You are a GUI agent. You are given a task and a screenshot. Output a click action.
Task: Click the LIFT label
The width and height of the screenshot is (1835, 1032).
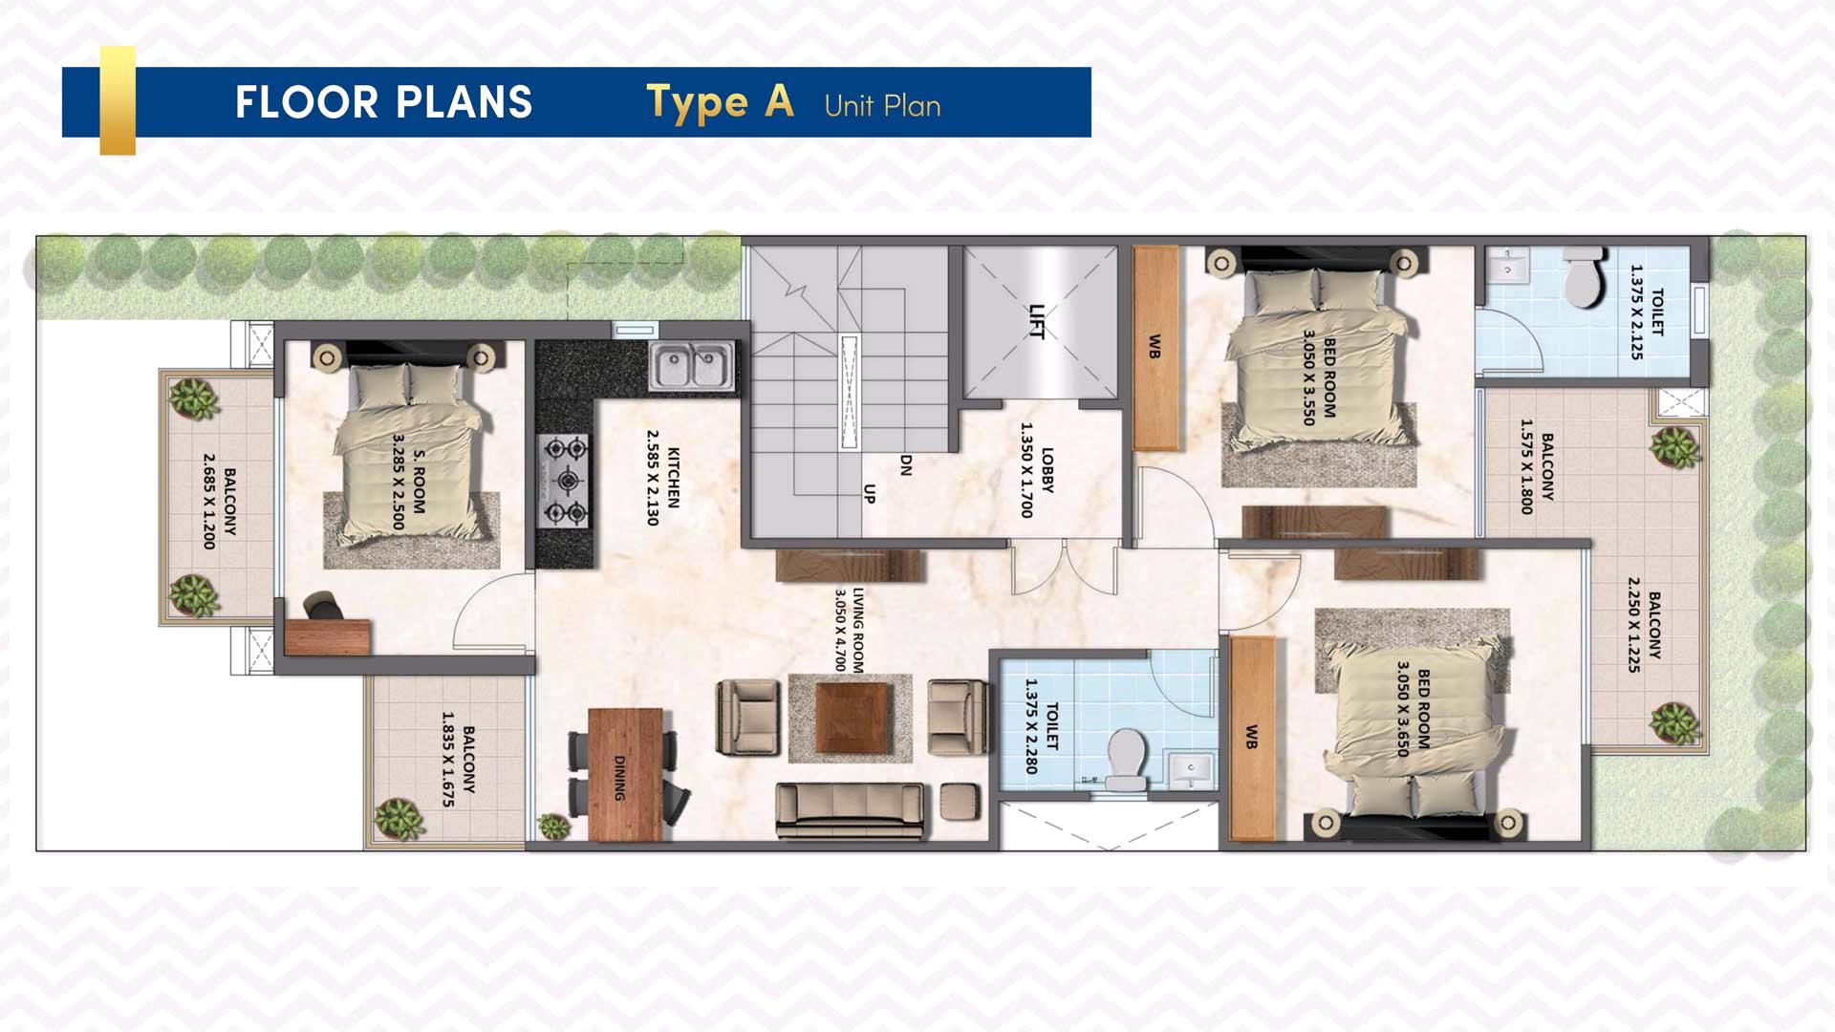(x=1037, y=321)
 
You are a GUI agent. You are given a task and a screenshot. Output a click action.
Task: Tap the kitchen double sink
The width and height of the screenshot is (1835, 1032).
(x=692, y=366)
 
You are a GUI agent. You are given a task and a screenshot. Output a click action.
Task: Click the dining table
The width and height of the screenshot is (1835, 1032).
(x=626, y=774)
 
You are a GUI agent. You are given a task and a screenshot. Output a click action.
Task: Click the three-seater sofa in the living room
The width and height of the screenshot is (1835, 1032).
(x=851, y=811)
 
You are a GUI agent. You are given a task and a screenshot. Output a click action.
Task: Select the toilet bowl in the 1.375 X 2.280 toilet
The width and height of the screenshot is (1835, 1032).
(x=1127, y=761)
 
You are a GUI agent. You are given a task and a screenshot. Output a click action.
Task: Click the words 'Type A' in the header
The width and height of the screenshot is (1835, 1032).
(x=720, y=102)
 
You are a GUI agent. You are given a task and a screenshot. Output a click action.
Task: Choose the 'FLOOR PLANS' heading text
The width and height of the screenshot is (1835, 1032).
(x=383, y=102)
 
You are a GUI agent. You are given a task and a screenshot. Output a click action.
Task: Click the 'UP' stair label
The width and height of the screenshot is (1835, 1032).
(x=869, y=494)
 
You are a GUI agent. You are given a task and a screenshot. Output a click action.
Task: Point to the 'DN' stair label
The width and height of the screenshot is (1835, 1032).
(x=906, y=465)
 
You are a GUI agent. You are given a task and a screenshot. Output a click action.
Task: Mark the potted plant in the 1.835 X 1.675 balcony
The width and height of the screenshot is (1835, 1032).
(x=399, y=819)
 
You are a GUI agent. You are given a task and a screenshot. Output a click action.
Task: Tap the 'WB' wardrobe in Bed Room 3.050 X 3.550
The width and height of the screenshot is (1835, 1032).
(x=1155, y=349)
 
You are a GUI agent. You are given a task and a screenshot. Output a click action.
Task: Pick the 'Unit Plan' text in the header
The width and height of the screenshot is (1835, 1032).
(x=882, y=105)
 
